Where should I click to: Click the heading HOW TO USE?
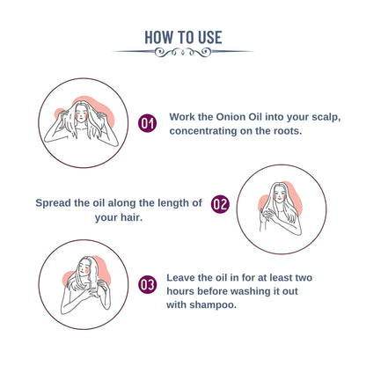pyautogui.click(x=183, y=37)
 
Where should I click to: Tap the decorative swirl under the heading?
pyautogui.click(x=183, y=52)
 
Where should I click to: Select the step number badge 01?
pyautogui.click(x=147, y=123)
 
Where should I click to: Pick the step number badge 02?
pyautogui.click(x=220, y=204)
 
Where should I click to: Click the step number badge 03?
pyautogui.click(x=147, y=285)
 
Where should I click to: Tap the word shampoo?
pyautogui.click(x=213, y=305)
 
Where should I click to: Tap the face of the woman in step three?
pyautogui.click(x=84, y=268)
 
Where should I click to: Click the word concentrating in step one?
pyautogui.click(x=203, y=131)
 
